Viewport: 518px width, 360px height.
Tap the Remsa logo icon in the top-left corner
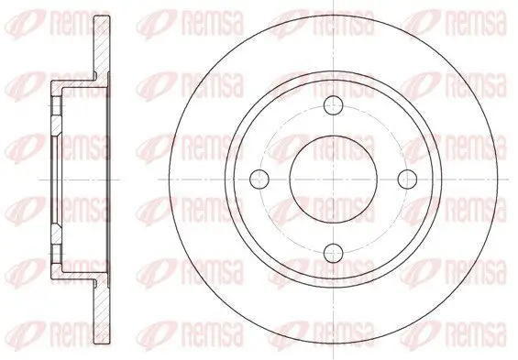tap(18, 17)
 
